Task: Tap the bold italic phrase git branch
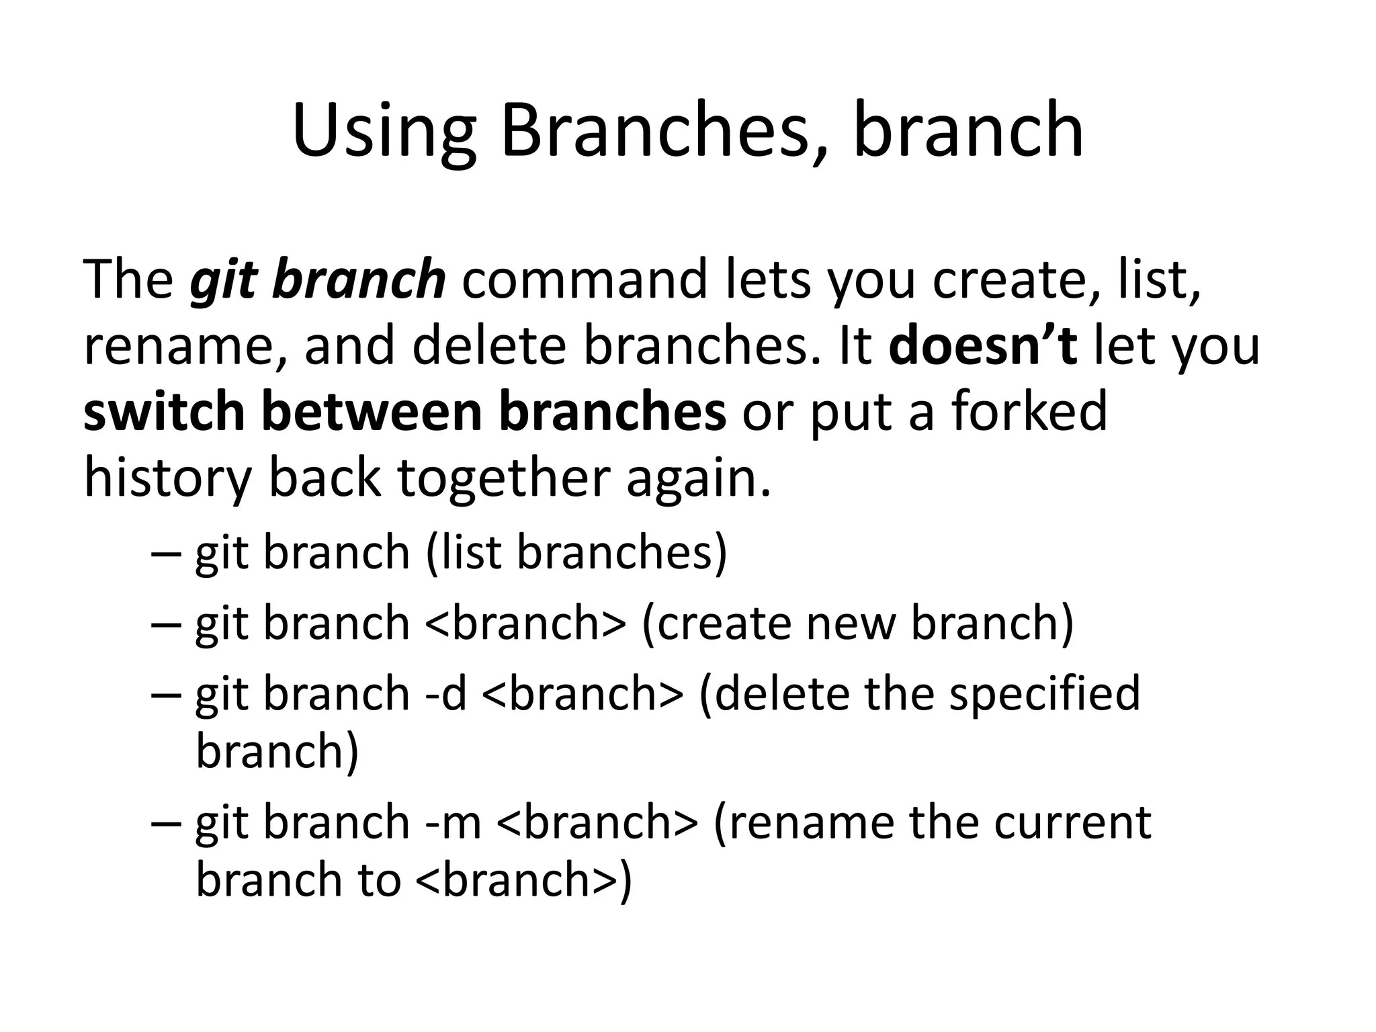tap(318, 279)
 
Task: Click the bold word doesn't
tap(983, 345)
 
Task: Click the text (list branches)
tap(576, 552)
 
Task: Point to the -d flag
tap(446, 693)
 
